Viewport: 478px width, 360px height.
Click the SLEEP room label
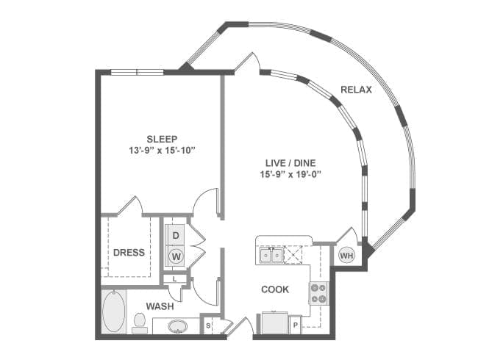click(162, 139)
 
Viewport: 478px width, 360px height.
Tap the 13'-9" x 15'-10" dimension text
click(162, 151)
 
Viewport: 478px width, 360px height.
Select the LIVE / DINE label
click(290, 163)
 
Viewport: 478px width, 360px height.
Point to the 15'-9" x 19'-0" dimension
click(290, 175)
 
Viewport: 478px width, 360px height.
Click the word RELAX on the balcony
click(356, 90)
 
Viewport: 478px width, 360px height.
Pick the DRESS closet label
click(129, 253)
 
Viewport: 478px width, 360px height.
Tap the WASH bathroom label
click(160, 306)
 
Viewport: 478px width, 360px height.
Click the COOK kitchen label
click(275, 289)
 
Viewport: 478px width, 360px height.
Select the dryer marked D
click(176, 235)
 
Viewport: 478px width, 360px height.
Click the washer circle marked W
click(176, 256)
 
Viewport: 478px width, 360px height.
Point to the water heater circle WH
click(347, 256)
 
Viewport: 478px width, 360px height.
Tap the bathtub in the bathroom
click(113, 311)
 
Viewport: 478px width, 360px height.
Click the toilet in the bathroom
click(140, 323)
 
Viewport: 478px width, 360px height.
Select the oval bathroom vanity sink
click(178, 326)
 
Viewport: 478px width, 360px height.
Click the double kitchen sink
click(271, 255)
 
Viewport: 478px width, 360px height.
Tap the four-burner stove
click(318, 294)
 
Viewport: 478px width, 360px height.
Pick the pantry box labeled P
click(295, 325)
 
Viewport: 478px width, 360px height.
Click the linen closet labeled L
click(175, 278)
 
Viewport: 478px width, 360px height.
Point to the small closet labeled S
click(208, 325)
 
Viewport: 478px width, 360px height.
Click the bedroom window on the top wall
click(137, 72)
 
